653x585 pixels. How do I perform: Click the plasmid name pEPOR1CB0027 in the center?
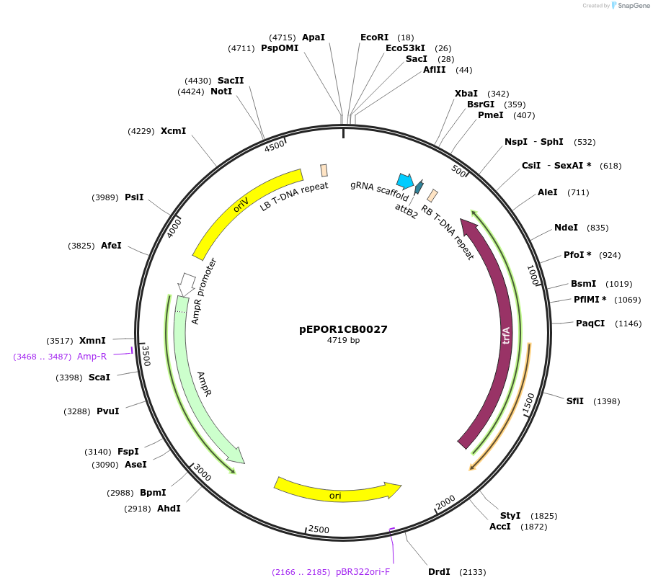click(x=343, y=329)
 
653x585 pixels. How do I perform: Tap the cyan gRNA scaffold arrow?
click(x=405, y=180)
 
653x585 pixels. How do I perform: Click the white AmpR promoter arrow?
click(x=187, y=282)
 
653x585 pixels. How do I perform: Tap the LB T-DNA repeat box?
click(x=324, y=170)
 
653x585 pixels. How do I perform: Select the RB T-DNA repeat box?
click(x=432, y=195)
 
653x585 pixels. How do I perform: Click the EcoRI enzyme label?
click(x=374, y=37)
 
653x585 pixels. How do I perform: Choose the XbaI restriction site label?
click(x=466, y=94)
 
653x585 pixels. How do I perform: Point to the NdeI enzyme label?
click(x=566, y=228)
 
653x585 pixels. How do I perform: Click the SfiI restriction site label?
click(x=575, y=401)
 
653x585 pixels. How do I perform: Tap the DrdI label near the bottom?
click(x=439, y=571)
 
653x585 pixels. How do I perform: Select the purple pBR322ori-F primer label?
click(x=363, y=572)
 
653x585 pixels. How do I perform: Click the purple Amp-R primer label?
click(x=92, y=356)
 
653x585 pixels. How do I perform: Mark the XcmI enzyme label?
click(x=173, y=130)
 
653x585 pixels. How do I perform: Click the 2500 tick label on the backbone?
click(x=318, y=530)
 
